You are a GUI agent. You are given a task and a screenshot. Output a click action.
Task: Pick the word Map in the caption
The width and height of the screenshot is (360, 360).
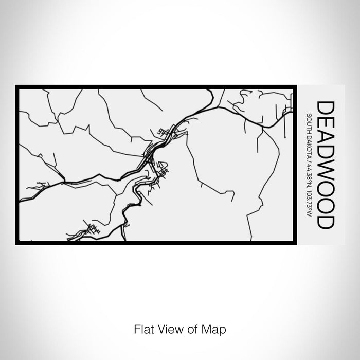pyautogui.click(x=215, y=328)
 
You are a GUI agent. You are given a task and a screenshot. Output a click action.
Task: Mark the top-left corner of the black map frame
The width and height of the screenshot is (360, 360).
pyautogui.click(x=17, y=86)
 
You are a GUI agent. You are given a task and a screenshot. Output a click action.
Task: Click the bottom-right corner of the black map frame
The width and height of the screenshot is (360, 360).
pyautogui.click(x=296, y=243)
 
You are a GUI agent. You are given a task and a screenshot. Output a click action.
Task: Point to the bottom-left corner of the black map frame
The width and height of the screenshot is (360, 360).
pyautogui.click(x=17, y=243)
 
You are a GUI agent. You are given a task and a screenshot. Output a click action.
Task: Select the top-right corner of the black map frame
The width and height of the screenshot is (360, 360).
pyautogui.click(x=296, y=86)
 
